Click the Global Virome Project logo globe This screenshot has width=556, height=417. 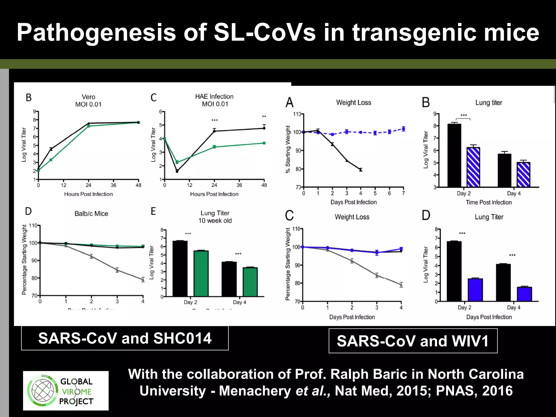(43, 391)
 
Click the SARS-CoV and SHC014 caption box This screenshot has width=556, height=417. (125, 338)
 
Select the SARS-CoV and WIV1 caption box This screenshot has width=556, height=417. (413, 341)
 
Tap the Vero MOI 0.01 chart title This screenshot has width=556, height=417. (88, 100)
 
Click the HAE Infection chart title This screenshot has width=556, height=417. (214, 97)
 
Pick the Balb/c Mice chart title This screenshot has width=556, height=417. (91, 214)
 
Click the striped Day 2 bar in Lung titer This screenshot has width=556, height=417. (473, 167)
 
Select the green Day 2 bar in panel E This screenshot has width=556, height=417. (201, 273)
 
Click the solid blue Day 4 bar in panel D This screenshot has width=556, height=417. (524, 294)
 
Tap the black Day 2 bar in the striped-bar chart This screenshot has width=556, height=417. (454, 155)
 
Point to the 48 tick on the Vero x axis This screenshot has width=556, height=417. (138, 185)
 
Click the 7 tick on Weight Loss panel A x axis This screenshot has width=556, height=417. (403, 193)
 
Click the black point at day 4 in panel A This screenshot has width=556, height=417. (361, 170)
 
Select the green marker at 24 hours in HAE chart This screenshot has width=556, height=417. (214, 147)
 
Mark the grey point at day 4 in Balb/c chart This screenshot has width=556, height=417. (143, 279)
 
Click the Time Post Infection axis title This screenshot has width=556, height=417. (489, 202)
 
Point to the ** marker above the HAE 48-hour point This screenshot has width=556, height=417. (264, 117)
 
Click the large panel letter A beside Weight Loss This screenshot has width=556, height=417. (290, 103)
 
